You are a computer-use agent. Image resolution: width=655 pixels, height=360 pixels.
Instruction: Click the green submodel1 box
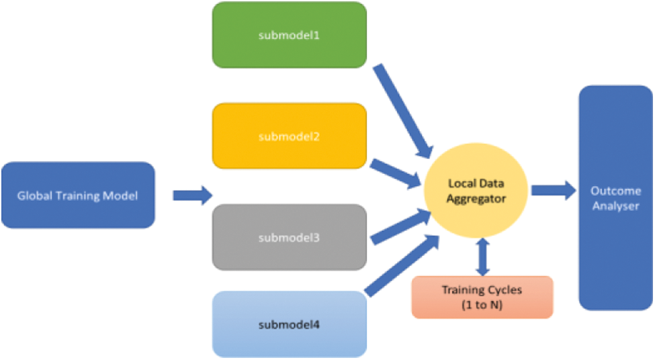pyautogui.click(x=289, y=35)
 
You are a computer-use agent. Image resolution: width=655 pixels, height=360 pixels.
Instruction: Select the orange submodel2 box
pyautogui.click(x=289, y=136)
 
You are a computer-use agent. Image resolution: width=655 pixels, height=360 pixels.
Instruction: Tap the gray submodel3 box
pyautogui.click(x=289, y=237)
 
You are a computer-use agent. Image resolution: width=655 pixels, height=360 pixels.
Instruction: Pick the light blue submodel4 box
pyautogui.click(x=289, y=324)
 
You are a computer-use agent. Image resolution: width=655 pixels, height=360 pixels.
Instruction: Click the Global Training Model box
pyautogui.click(x=78, y=195)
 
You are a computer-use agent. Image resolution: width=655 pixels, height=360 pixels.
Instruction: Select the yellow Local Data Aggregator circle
pyautogui.click(x=477, y=191)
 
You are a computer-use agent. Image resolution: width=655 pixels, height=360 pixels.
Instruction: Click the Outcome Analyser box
pyautogui.click(x=615, y=197)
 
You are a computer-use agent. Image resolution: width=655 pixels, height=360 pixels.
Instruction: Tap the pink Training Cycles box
pyautogui.click(x=482, y=296)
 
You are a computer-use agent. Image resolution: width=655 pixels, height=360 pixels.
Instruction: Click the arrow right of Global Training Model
pyautogui.click(x=192, y=195)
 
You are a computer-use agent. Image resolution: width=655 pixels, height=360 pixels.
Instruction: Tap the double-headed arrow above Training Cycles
pyautogui.click(x=482, y=257)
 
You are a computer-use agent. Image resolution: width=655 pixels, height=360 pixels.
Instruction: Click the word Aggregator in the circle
pyautogui.click(x=478, y=198)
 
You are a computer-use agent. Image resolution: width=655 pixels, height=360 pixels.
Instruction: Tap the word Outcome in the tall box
pyautogui.click(x=615, y=191)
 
